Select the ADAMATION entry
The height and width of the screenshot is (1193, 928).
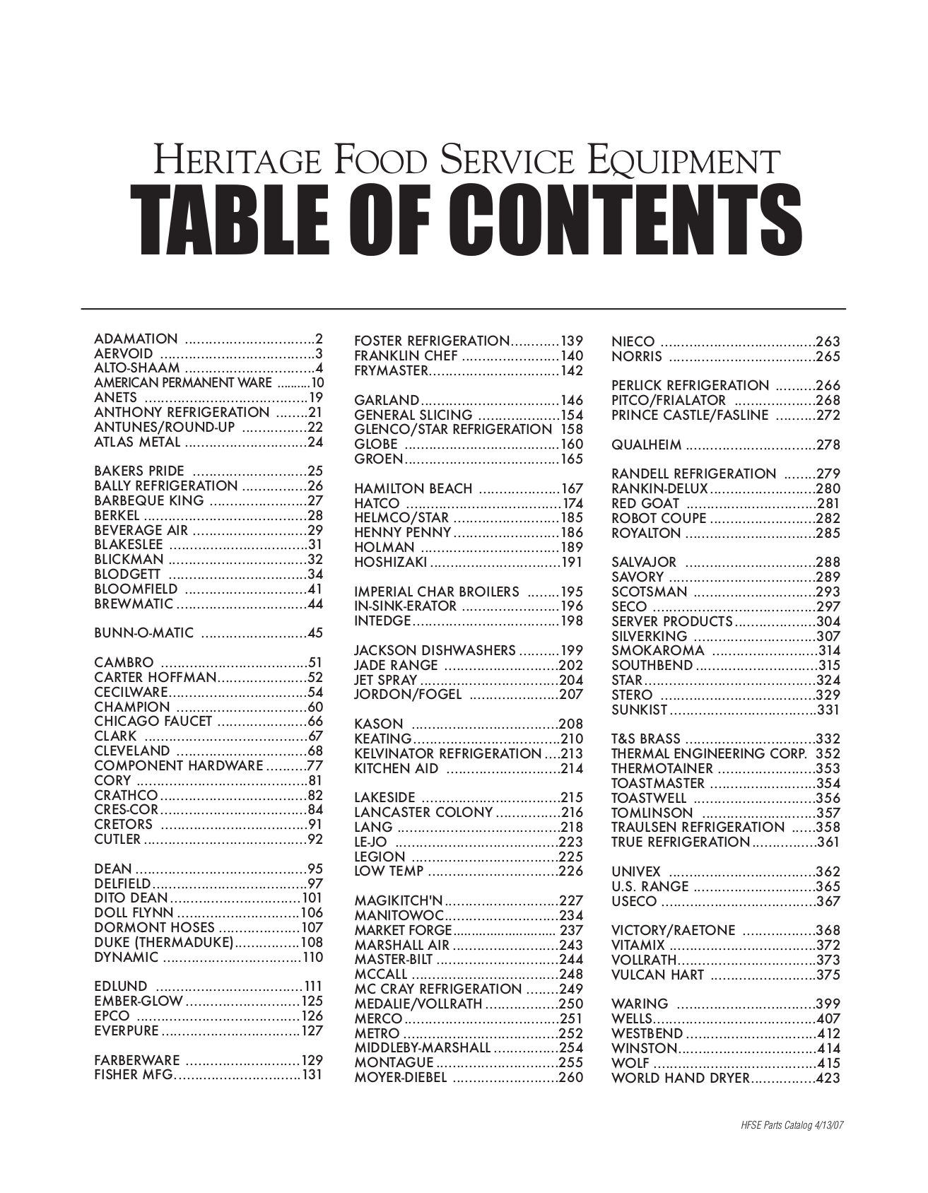136,339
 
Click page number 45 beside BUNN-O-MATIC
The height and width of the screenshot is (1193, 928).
315,633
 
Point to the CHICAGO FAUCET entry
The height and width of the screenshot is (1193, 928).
153,722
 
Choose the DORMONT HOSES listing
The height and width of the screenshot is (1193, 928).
154,928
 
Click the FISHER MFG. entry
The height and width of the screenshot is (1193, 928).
134,1076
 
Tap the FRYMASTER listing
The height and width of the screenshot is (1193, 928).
391,371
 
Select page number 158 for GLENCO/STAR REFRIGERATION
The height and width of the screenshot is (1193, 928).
572,430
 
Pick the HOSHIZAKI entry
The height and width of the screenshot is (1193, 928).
391,563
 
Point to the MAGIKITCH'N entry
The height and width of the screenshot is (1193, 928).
398,901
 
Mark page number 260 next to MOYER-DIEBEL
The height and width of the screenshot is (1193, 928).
571,1079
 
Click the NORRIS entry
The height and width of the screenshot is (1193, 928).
637,357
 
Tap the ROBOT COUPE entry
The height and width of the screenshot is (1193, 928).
659,518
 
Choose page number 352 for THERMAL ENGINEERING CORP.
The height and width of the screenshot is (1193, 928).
828,754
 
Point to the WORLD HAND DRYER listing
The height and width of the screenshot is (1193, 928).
679,1079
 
